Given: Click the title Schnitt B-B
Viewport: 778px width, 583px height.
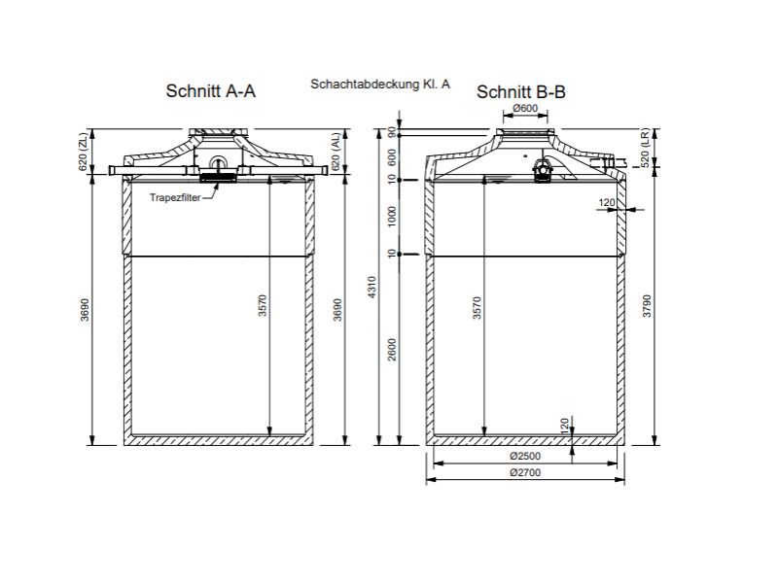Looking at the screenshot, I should click(x=520, y=92).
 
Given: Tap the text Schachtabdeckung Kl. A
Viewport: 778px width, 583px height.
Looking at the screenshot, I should click(x=380, y=86).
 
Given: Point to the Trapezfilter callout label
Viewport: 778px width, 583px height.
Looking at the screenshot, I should click(x=175, y=197).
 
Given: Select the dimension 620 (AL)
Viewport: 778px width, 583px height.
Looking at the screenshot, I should click(x=336, y=153).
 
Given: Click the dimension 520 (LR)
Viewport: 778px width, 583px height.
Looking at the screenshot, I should click(x=647, y=147).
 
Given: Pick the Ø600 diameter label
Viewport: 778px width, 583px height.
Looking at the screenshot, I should click(x=525, y=108).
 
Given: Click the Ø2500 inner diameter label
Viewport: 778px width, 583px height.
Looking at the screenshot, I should click(x=525, y=456).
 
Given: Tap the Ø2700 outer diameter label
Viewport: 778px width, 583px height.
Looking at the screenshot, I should click(x=525, y=473).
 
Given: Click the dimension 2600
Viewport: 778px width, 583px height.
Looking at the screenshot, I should click(x=391, y=350).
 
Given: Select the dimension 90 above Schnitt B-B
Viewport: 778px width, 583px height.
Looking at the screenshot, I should click(x=391, y=132).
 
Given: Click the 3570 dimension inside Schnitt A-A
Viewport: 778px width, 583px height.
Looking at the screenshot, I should click(x=263, y=307).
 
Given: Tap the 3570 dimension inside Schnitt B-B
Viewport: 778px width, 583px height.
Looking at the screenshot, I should click(x=477, y=307).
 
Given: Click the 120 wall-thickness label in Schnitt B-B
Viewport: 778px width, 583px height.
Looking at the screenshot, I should click(x=608, y=202).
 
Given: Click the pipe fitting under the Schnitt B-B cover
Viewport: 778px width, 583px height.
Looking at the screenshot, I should click(x=544, y=169).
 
